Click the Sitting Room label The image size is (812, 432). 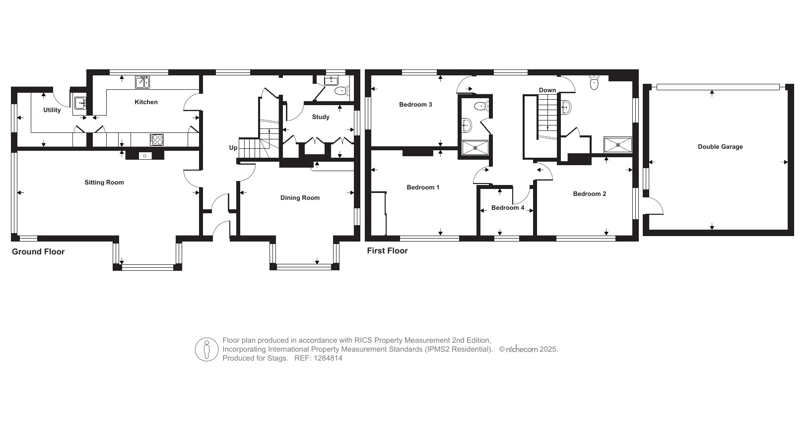(104, 183)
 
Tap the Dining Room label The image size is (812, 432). (300, 198)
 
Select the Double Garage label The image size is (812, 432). (720, 147)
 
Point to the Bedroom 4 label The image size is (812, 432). (507, 208)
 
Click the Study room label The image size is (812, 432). (321, 117)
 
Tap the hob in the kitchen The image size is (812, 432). (157, 139)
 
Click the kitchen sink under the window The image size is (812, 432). (142, 82)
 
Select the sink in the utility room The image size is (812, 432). (80, 103)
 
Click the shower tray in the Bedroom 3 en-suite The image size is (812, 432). (475, 148)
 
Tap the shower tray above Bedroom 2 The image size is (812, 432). (618, 145)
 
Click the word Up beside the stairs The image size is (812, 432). (233, 148)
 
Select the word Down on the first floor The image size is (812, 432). (547, 90)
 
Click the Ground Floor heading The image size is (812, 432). (38, 251)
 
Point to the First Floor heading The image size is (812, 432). (387, 250)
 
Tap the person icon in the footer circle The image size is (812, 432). (206, 349)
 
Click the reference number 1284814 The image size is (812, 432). (328, 358)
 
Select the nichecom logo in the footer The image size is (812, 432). (522, 350)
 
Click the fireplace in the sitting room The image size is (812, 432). (144, 155)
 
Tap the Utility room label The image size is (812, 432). (52, 110)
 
